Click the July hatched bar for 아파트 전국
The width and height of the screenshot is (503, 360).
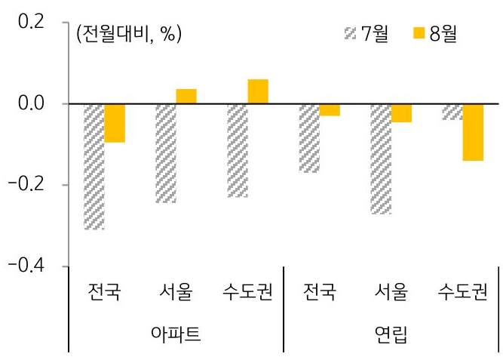94,166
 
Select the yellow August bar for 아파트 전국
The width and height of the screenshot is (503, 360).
115,123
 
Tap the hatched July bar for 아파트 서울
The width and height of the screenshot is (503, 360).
165,153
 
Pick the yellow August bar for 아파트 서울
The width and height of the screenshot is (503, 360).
186,96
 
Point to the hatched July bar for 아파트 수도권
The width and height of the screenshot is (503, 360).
237,150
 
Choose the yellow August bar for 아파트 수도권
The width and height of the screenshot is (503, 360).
258,91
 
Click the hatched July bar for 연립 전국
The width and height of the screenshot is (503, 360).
308,137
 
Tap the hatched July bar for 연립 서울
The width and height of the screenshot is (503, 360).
380,158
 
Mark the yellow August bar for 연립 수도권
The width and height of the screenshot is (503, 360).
473,132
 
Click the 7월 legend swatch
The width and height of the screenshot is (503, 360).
349,34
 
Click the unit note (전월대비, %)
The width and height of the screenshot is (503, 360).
128,34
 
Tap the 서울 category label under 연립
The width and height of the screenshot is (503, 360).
391,291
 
